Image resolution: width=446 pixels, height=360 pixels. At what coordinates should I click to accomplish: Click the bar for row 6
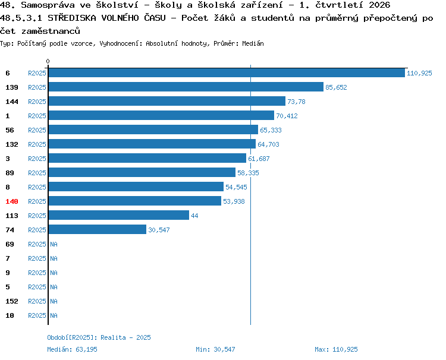[x=227, y=72]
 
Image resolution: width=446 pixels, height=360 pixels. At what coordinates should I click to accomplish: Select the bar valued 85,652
[x=186, y=87]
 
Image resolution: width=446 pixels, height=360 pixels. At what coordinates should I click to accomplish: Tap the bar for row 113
[x=119, y=215]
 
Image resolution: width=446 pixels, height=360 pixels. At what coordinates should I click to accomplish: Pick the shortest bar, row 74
[x=98, y=229]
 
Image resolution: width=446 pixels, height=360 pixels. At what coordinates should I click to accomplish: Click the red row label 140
[x=12, y=201]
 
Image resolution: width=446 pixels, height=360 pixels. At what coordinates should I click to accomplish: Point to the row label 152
[x=12, y=301]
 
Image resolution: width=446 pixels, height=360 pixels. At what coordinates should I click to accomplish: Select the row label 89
[x=10, y=173]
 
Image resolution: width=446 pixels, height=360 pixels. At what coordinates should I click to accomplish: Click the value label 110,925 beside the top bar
[x=419, y=73]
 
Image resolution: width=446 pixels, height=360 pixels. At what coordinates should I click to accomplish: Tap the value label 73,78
[x=296, y=102]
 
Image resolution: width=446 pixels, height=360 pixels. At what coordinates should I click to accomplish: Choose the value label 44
[x=194, y=216]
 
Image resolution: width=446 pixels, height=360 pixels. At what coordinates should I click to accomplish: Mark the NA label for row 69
[x=54, y=244]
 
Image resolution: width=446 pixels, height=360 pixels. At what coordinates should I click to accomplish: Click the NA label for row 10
[x=54, y=315]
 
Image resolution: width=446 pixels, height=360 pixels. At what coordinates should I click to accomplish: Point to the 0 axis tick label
[x=48, y=61]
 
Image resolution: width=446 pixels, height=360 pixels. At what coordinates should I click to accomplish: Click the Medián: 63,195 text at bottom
[x=72, y=349]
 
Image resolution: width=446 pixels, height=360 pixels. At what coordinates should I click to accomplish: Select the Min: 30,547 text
[x=215, y=349]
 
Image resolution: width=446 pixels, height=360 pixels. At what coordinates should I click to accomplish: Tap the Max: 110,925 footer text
[x=336, y=349]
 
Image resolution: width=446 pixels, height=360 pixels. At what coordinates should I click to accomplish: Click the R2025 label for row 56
[x=37, y=130]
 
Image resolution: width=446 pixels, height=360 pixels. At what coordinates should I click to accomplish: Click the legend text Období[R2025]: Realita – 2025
[x=99, y=337]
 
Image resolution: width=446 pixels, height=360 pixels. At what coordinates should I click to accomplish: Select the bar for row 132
[x=152, y=144]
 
